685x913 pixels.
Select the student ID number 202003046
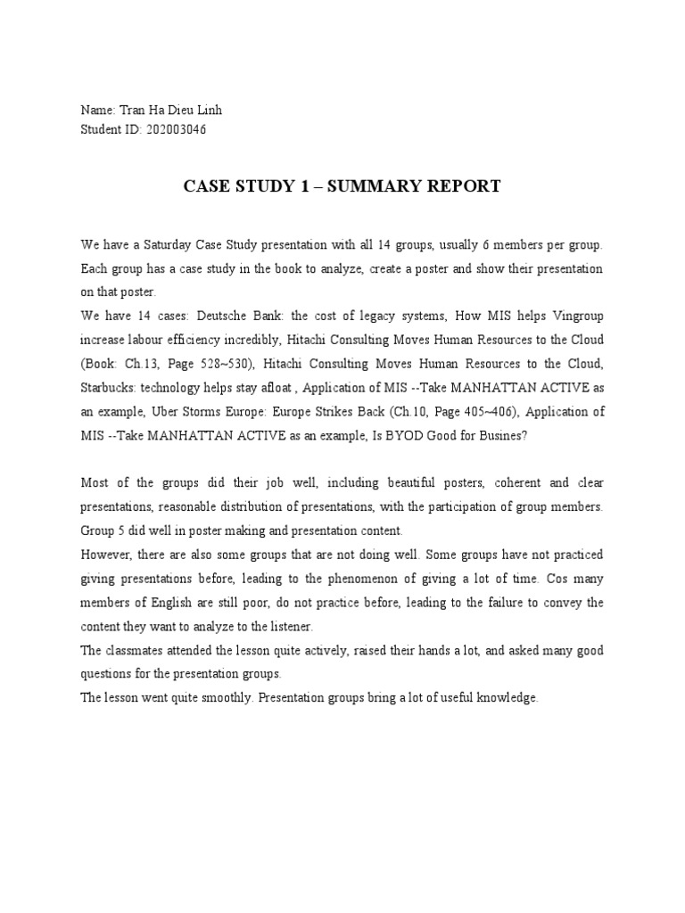click(177, 129)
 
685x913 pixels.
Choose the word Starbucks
click(111, 388)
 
